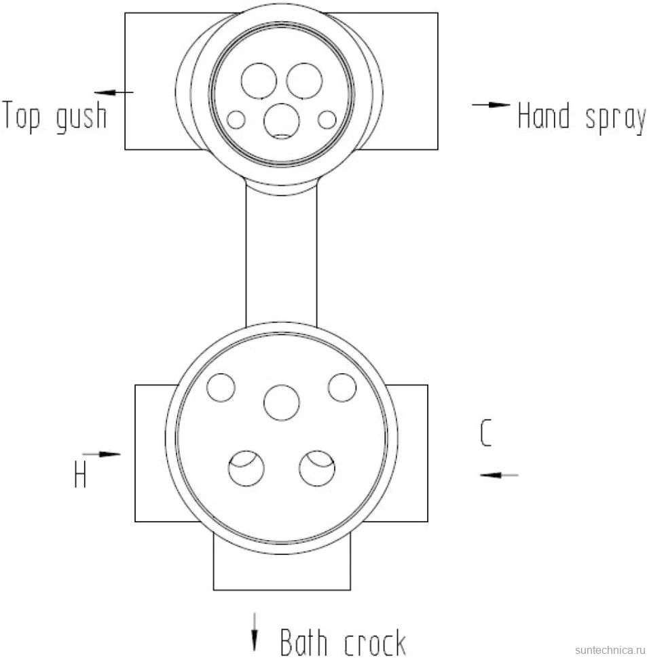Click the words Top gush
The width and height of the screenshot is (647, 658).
point(54,116)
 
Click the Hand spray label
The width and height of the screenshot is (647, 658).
point(582,117)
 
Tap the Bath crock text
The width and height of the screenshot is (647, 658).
point(343,642)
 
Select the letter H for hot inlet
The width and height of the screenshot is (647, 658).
point(80,475)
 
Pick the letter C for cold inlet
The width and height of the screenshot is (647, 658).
point(485,433)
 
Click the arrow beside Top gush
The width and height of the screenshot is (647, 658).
point(113,92)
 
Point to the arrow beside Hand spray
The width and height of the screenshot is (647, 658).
point(491,104)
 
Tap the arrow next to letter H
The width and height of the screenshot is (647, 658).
point(101,454)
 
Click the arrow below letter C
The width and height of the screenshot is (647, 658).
point(499,475)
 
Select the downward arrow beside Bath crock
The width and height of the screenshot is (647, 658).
point(254,632)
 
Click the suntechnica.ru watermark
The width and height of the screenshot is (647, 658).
point(610,650)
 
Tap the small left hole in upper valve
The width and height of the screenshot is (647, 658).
point(236,119)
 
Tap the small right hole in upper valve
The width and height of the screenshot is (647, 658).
point(327,119)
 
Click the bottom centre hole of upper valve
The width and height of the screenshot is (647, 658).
point(282,121)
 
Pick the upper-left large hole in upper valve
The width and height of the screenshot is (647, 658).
point(259,81)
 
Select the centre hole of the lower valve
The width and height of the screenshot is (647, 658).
point(282,402)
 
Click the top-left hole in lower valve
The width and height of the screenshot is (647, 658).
point(221,387)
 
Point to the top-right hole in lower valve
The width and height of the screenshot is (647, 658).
point(342,387)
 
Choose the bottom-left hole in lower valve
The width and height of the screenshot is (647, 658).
point(246,468)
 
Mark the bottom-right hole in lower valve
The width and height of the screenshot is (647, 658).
point(317,468)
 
